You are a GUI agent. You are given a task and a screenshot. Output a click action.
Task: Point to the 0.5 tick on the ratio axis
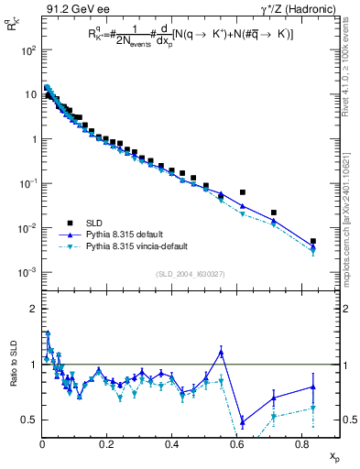click(x=27, y=420)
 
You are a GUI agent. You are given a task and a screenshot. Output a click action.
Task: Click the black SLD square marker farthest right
click(x=313, y=242)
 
